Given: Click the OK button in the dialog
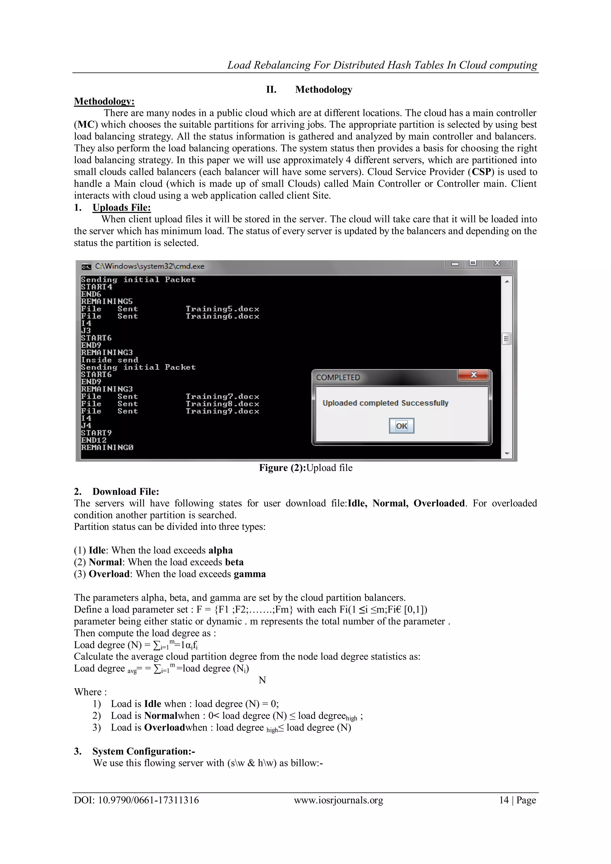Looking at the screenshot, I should coord(402,426).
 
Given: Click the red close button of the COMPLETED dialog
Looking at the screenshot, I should coord(473,375).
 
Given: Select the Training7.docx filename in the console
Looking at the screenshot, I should coord(222,396).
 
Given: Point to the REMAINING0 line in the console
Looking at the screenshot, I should coord(107,447).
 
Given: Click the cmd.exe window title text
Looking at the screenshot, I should coord(149,266).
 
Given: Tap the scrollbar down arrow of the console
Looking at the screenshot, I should coord(507,454).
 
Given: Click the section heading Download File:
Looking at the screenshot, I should coord(126,492).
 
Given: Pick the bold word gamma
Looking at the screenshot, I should coord(249,574).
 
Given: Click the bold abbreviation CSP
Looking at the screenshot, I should coord(482,172).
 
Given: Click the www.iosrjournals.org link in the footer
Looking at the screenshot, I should coord(338,800).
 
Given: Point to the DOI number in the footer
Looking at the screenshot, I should coord(148,800).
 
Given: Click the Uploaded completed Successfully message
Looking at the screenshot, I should coord(385,403).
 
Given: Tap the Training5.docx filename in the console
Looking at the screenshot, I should coord(222,309).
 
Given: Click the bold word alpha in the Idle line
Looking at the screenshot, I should coord(220,550).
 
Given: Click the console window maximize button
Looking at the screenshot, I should coord(473,263).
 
